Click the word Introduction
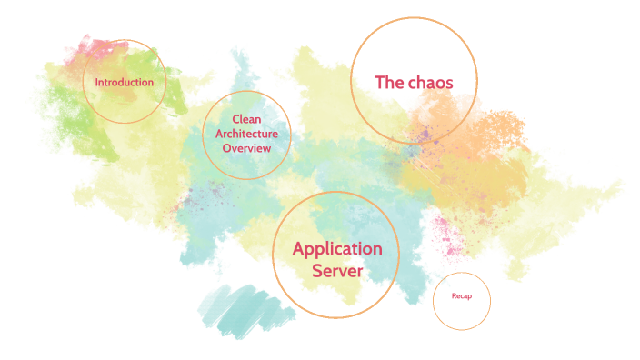tap(124, 82)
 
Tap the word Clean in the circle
tap(246, 119)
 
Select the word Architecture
tap(246, 134)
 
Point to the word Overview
tap(246, 148)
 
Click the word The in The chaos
tap(389, 82)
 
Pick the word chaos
tap(430, 82)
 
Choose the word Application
tap(337, 248)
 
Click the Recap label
tap(462, 296)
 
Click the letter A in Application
tap(299, 248)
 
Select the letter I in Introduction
tap(97, 82)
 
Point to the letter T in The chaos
tap(380, 82)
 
